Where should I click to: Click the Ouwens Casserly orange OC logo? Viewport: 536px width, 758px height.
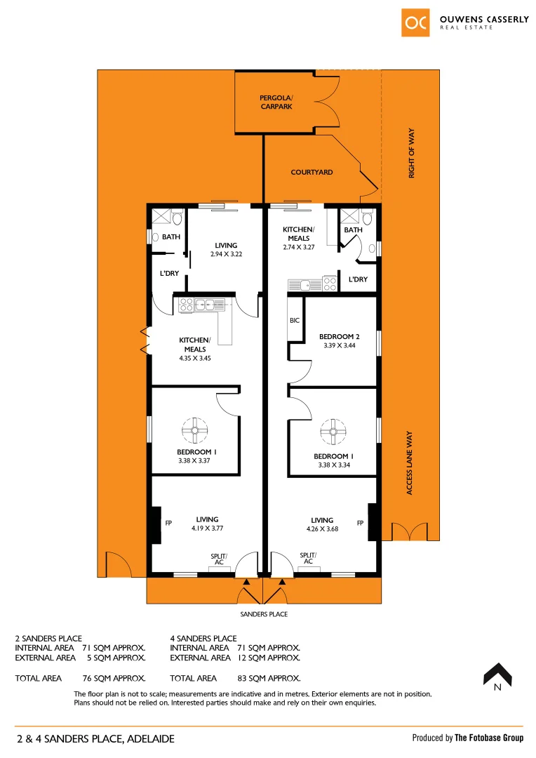point(415,22)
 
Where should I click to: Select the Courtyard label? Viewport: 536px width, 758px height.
point(311,172)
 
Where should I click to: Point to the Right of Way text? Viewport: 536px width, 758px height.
point(412,153)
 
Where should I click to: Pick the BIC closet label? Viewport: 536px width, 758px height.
point(294,320)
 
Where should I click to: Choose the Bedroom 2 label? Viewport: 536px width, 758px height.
point(340,336)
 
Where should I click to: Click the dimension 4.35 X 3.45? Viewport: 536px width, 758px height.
point(194,358)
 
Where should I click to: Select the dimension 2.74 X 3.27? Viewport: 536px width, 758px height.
point(299,246)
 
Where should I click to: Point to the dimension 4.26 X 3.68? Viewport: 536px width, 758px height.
point(322,529)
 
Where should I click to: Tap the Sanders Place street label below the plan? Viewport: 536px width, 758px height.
point(264,614)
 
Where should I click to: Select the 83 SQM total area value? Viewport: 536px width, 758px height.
point(269,679)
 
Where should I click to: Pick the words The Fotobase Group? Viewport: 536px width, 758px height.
point(488,738)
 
